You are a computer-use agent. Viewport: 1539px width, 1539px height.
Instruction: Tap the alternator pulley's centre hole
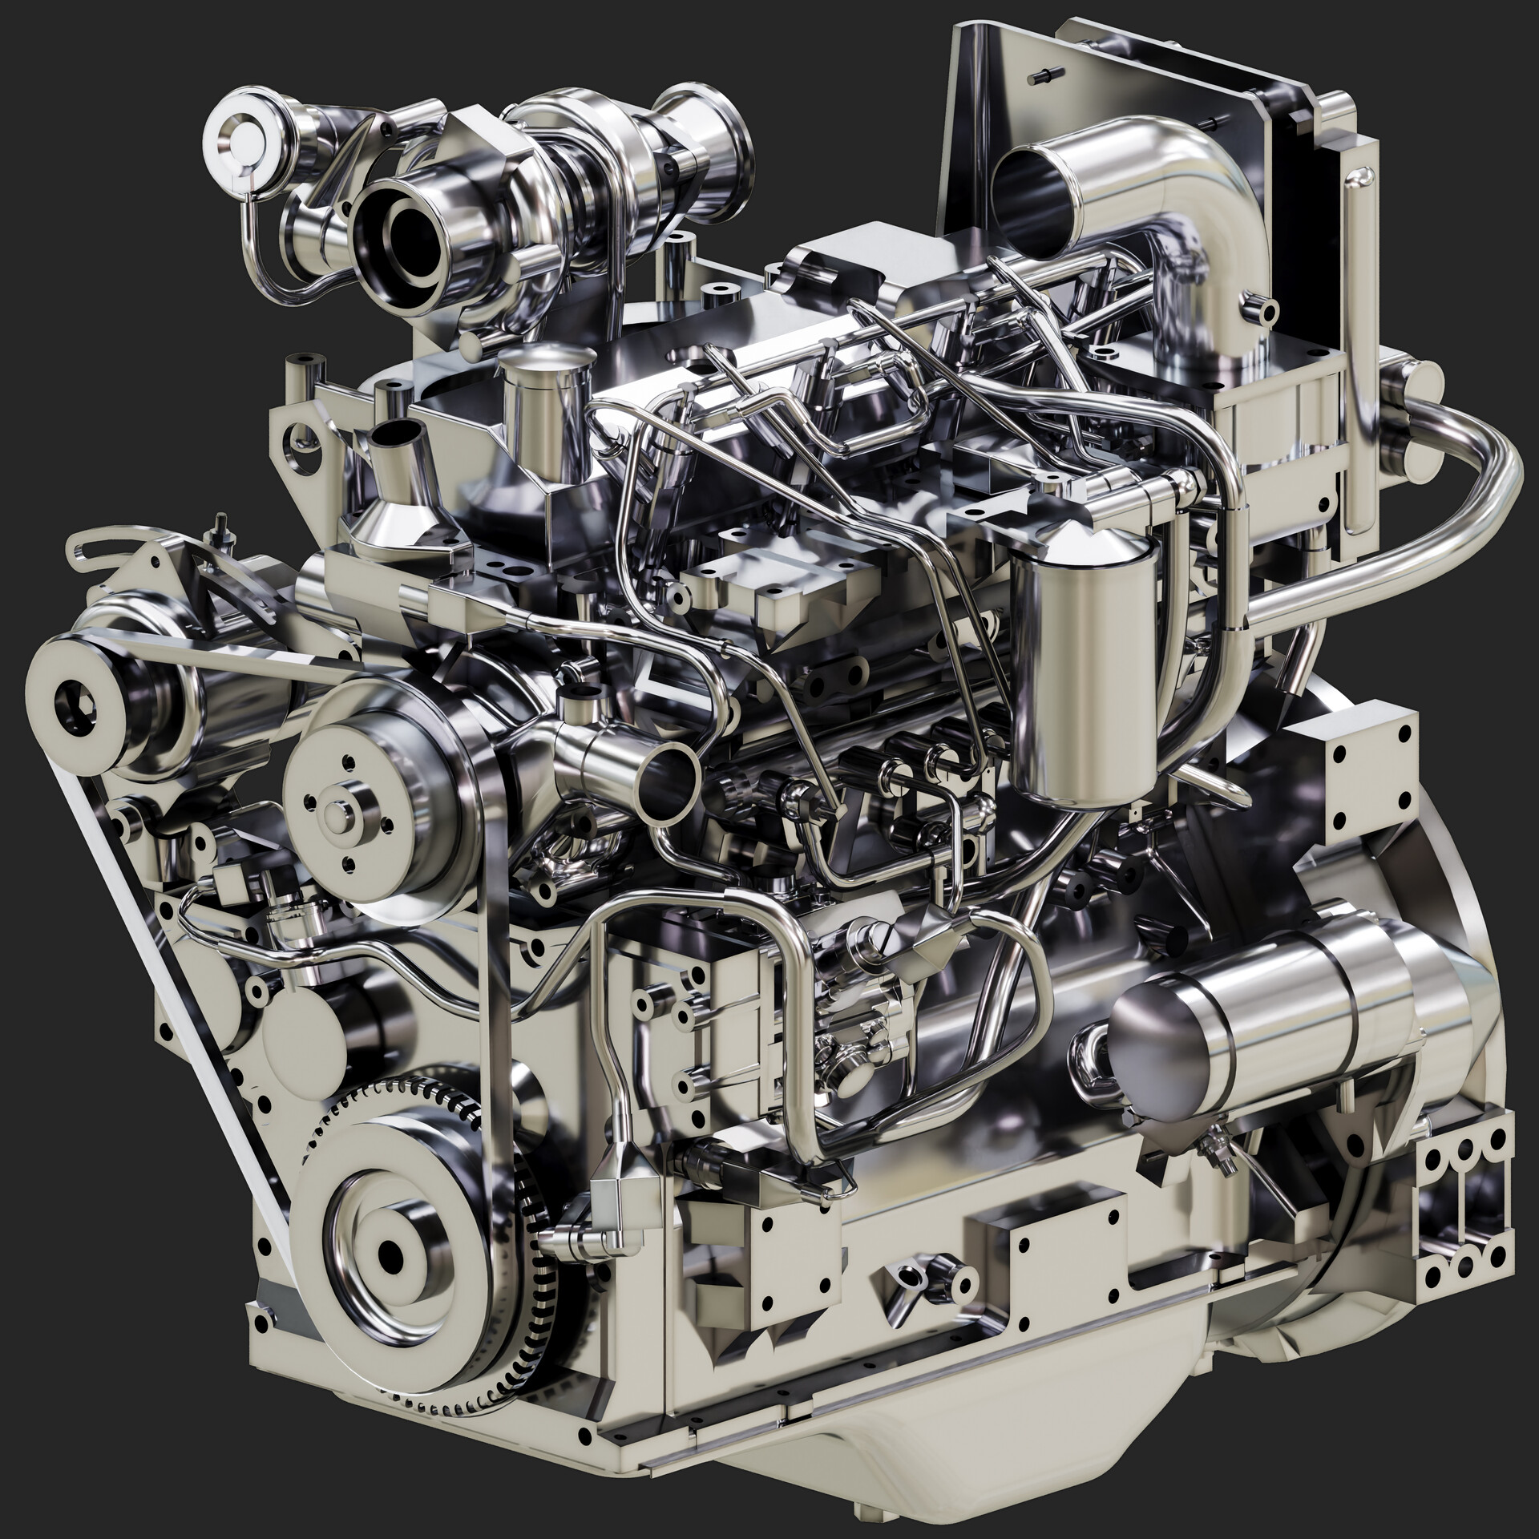[x=74, y=699]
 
